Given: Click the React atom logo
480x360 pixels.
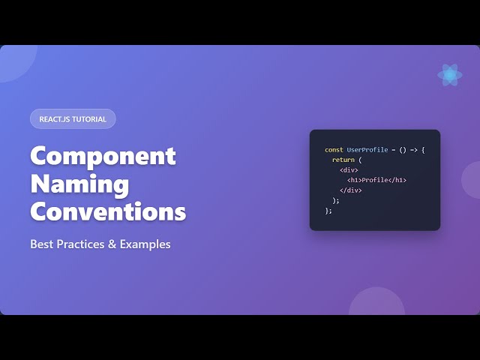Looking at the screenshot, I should click(x=449, y=74).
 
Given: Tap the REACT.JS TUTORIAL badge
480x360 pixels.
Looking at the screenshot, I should click(x=73, y=118).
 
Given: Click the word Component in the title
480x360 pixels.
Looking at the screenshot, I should click(x=103, y=156).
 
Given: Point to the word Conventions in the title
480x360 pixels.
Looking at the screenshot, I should click(x=108, y=211).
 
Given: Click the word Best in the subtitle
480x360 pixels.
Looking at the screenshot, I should click(x=42, y=244).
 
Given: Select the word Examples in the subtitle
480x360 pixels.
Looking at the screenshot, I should click(x=148, y=244).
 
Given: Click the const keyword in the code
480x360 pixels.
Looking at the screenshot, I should click(x=334, y=150).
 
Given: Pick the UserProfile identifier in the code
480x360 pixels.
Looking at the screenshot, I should click(x=367, y=150).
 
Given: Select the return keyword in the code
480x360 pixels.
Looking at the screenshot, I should click(x=343, y=160).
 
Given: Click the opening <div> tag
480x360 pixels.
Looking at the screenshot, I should click(x=349, y=170).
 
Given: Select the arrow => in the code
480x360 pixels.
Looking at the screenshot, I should click(x=413, y=150).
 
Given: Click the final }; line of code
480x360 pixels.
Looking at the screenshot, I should click(x=328, y=211).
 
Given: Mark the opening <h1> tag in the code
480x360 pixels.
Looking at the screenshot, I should click(x=354, y=180).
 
